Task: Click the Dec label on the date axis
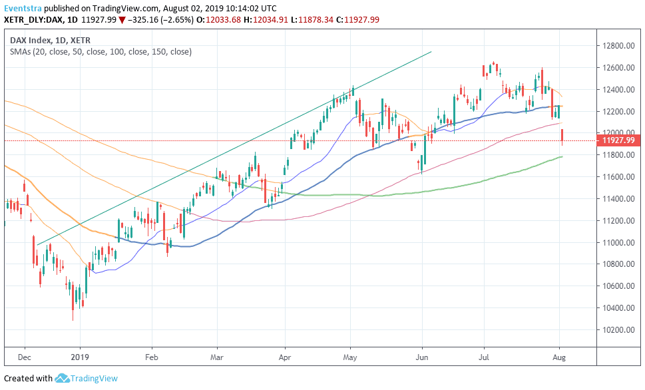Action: [x=24, y=357]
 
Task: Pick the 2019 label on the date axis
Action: [x=80, y=357]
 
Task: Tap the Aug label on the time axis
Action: [x=560, y=357]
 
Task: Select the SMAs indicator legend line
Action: [x=101, y=51]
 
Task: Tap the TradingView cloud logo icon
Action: [x=63, y=379]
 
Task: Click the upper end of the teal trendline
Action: [x=431, y=52]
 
